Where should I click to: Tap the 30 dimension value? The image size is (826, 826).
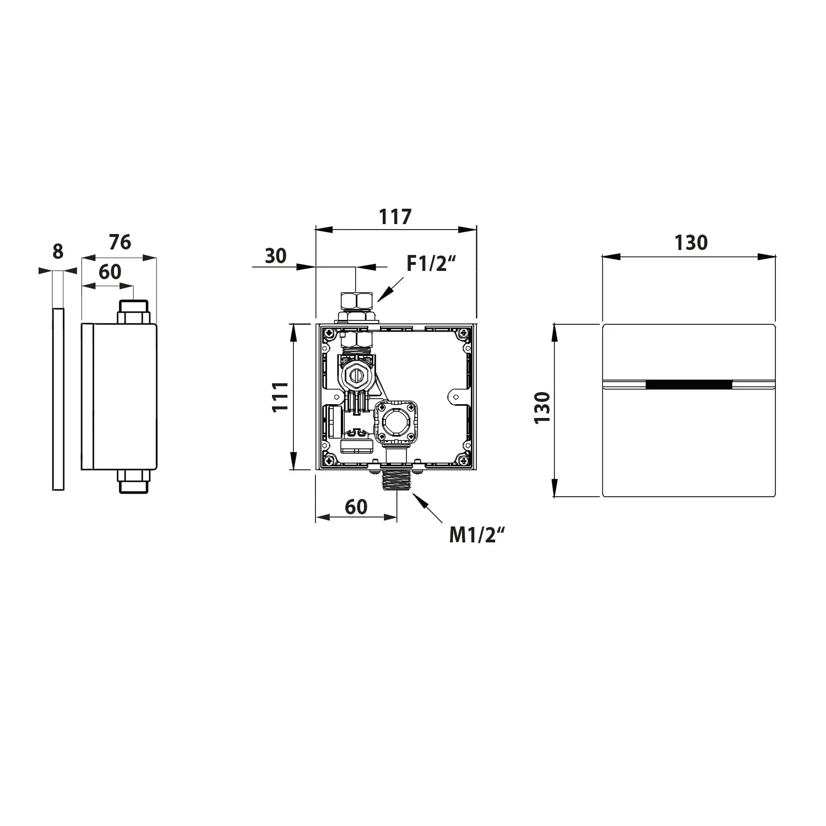[x=276, y=256]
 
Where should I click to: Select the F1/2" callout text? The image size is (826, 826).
[x=432, y=264]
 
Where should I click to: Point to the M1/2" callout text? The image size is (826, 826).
[x=476, y=535]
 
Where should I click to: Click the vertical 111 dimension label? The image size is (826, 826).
[x=280, y=396]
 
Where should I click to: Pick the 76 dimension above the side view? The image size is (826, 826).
[x=119, y=242]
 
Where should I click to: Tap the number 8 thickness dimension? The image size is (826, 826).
[x=58, y=252]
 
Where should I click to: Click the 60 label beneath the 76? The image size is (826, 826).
[x=110, y=271]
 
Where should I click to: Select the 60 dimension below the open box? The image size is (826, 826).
[x=356, y=507]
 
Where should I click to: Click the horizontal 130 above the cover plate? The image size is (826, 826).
[x=691, y=242]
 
